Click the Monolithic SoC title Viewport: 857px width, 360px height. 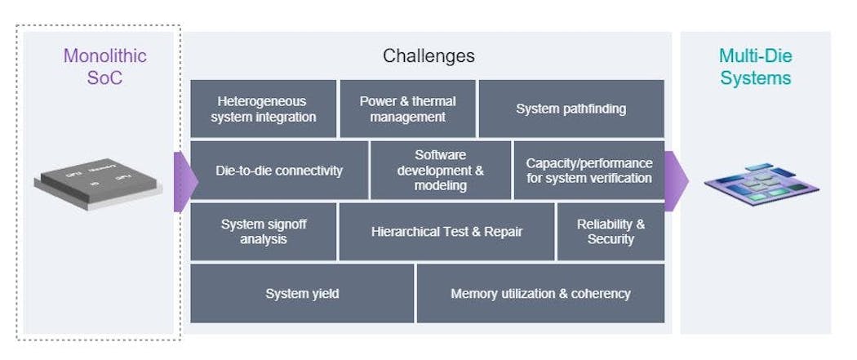pyautogui.click(x=105, y=67)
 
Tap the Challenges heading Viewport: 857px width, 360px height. pyautogui.click(x=428, y=56)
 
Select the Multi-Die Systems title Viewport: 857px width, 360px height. pyautogui.click(x=755, y=67)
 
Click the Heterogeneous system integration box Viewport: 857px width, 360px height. pyautogui.click(x=263, y=109)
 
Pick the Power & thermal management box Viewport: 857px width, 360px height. pyautogui.click(x=407, y=109)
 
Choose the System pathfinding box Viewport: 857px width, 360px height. pyautogui.click(x=571, y=109)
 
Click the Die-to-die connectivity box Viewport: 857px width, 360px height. pyautogui.click(x=279, y=171)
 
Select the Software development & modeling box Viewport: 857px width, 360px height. pyautogui.click(x=441, y=171)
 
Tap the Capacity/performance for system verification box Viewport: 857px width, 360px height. pyautogui.click(x=588, y=171)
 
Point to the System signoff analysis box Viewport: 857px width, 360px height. pyautogui.click(x=263, y=232)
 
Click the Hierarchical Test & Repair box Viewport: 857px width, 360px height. pyautogui.click(x=446, y=232)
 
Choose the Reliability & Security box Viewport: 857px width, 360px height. pyautogui.click(x=610, y=232)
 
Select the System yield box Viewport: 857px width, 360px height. pyautogui.click(x=302, y=294)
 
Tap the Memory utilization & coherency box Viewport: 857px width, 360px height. pyautogui.click(x=540, y=294)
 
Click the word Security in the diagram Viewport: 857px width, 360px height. pyautogui.click(x=611, y=239)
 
